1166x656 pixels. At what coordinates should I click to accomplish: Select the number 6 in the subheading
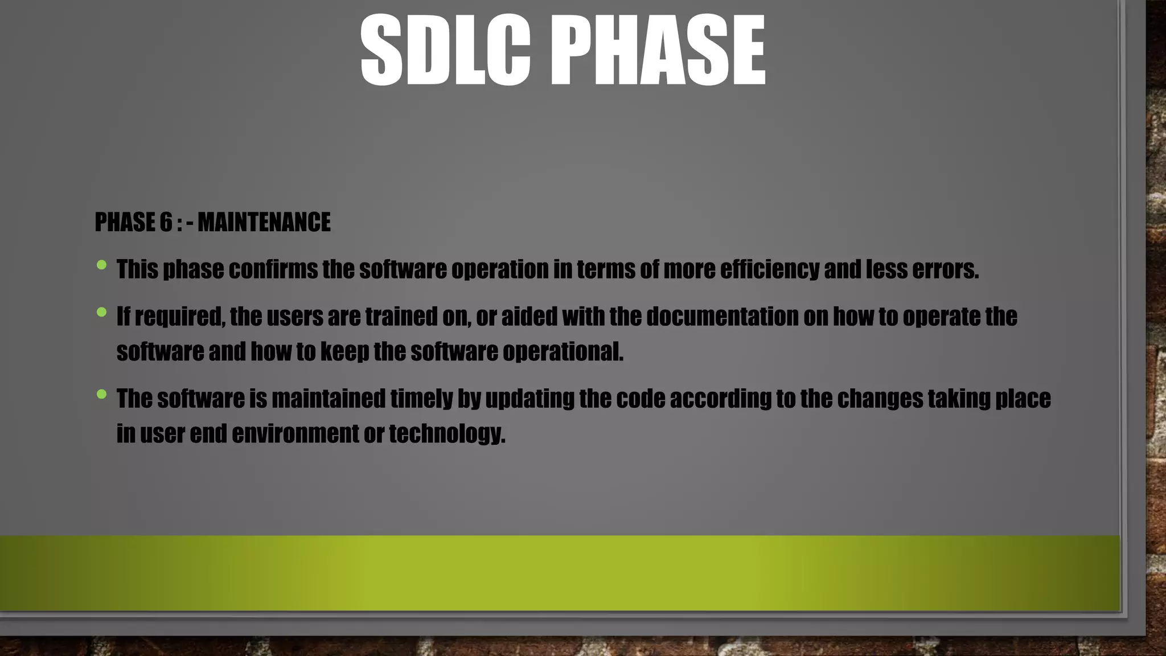click(166, 222)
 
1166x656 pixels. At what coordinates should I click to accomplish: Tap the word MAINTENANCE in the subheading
click(264, 222)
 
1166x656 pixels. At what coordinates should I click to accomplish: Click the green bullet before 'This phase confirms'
click(102, 265)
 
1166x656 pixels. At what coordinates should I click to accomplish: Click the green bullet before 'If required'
click(102, 311)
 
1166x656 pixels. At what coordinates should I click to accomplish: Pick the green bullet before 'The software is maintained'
click(102, 393)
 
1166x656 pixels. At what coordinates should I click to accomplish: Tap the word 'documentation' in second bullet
click(722, 317)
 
